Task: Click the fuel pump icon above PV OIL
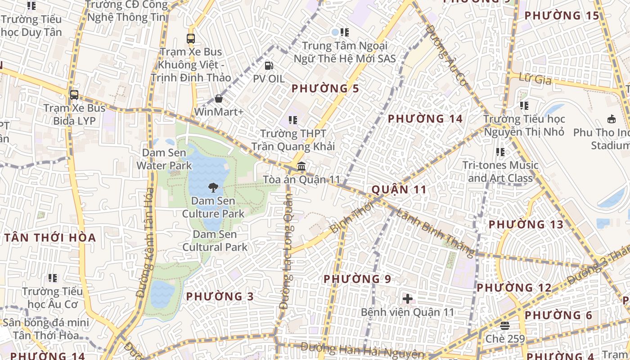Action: (x=269, y=66)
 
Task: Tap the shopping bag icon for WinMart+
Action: (x=219, y=98)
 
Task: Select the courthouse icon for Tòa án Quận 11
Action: (x=301, y=166)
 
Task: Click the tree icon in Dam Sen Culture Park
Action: (x=213, y=187)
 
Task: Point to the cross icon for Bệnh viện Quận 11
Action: (x=408, y=298)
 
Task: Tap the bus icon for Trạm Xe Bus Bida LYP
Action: (x=74, y=95)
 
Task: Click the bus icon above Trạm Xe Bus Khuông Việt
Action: (x=191, y=39)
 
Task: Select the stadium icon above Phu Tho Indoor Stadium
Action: (x=612, y=119)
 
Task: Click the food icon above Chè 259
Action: (x=505, y=325)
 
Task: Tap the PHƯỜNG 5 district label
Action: (x=325, y=89)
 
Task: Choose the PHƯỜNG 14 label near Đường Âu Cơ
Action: (x=425, y=119)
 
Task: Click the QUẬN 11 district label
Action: (x=399, y=189)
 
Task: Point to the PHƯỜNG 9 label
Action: (x=357, y=279)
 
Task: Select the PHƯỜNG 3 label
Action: (x=220, y=297)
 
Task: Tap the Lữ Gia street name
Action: (x=535, y=79)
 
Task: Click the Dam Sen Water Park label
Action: (x=164, y=159)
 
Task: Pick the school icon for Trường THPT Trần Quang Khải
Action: (x=293, y=120)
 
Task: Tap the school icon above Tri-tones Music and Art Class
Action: (x=500, y=152)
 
